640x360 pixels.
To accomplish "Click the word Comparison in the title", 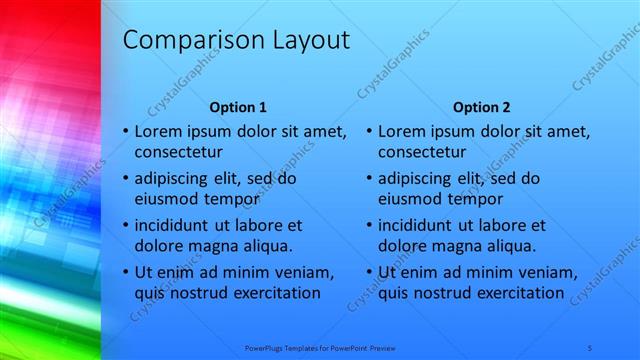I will pyautogui.click(x=185, y=40).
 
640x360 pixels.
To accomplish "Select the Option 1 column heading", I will pyautogui.click(x=237, y=107).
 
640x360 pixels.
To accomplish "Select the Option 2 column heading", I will pyautogui.click(x=481, y=107).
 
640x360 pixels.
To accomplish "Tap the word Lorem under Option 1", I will pyautogui.click(x=157, y=131).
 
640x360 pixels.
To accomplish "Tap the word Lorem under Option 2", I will pyautogui.click(x=402, y=131).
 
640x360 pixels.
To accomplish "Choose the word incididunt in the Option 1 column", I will pyautogui.click(x=178, y=225).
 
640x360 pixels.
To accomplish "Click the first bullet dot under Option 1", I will pyautogui.click(x=125, y=131).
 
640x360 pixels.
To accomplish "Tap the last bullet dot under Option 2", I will pyautogui.click(x=369, y=272).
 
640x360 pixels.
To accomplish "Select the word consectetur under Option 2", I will pyautogui.click(x=423, y=151).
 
